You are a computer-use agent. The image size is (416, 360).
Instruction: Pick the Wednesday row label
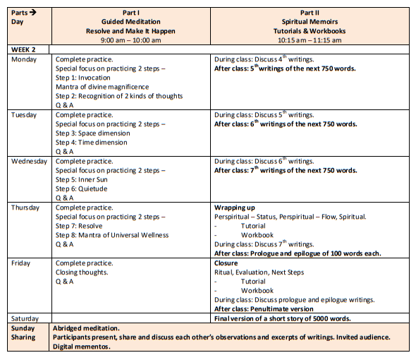pos(30,161)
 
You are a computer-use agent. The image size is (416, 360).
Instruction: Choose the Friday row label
pos(23,263)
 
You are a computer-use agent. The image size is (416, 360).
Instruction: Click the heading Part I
pos(130,13)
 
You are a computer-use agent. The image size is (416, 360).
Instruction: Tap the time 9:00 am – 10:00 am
pos(130,40)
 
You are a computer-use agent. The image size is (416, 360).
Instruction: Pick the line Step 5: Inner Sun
pos(83,179)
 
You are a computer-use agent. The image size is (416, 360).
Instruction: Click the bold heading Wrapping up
pos(235,208)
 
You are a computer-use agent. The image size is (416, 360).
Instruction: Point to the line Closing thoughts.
pos(82,272)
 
